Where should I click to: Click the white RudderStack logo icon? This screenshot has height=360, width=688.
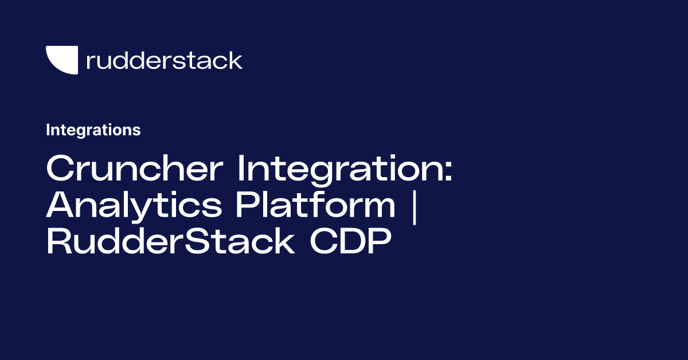tap(61, 60)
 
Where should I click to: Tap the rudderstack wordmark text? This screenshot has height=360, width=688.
tap(164, 60)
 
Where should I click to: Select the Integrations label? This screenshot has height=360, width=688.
tap(93, 130)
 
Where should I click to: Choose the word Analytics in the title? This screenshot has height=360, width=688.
tap(134, 206)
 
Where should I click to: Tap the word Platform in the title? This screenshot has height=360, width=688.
tap(315, 206)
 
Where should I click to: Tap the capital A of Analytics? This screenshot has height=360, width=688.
tap(60, 206)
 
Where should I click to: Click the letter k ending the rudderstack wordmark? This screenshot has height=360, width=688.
tap(235, 60)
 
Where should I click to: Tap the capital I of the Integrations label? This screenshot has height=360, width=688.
tap(48, 130)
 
